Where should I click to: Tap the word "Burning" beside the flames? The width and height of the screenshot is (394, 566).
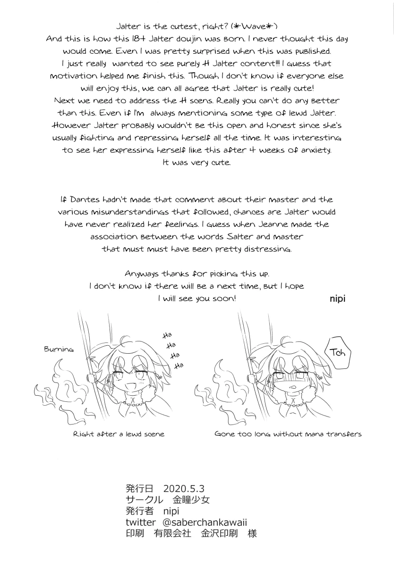pyautogui.click(x=59, y=350)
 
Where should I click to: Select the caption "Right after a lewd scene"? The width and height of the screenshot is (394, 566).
pyautogui.click(x=119, y=434)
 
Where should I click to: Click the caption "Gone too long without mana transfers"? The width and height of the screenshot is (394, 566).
pyautogui.click(x=288, y=434)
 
